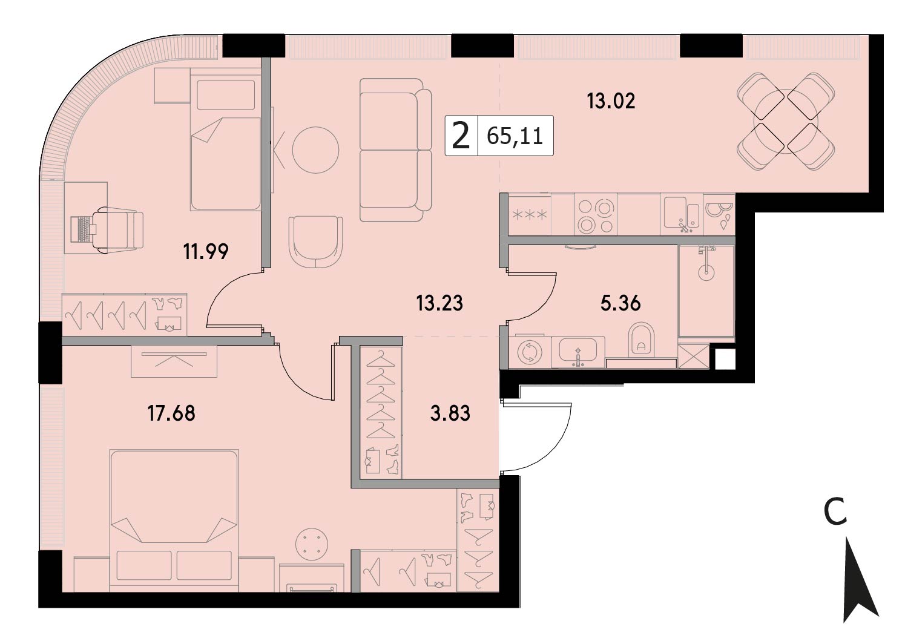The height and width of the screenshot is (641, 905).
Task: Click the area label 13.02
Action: tap(611, 101)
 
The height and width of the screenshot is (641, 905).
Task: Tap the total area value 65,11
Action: tap(515, 136)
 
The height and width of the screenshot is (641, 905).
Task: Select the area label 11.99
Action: tap(206, 252)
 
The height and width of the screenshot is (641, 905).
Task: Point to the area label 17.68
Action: tap(171, 413)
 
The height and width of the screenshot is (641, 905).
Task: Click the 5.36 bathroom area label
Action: tap(620, 303)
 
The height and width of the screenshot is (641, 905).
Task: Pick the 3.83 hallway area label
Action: tap(450, 413)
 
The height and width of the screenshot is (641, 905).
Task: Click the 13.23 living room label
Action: tap(439, 303)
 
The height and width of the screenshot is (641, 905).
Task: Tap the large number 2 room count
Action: tap(461, 136)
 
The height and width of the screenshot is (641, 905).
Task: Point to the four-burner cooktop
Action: tap(596, 215)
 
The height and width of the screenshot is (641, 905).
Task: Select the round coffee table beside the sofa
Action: tap(315, 150)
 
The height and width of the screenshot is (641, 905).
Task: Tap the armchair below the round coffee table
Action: tap(315, 242)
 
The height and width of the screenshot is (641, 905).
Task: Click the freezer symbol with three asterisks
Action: tap(530, 215)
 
